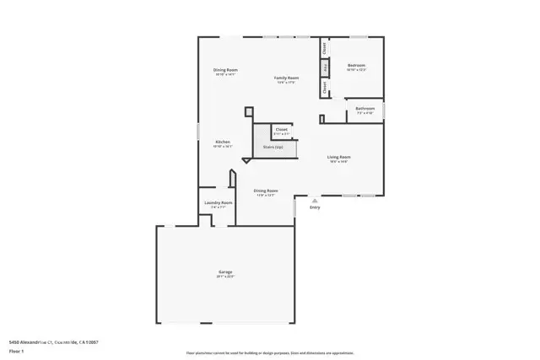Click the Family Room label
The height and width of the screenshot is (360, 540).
click(x=287, y=78)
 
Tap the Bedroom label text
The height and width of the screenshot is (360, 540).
click(x=356, y=65)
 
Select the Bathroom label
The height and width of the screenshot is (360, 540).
click(x=364, y=108)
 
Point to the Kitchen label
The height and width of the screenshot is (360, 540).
click(x=223, y=142)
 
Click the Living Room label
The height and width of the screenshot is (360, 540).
click(x=339, y=157)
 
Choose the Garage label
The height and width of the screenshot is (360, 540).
click(x=225, y=271)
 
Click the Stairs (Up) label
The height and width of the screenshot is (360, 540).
click(x=273, y=146)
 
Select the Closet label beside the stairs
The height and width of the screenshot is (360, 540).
click(x=281, y=129)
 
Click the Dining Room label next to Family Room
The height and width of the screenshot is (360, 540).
click(x=225, y=69)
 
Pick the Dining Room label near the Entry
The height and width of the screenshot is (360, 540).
click(x=266, y=191)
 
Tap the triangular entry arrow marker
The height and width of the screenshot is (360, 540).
click(x=315, y=201)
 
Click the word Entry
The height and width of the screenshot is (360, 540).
click(x=315, y=207)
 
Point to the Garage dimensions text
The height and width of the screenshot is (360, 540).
click(x=225, y=277)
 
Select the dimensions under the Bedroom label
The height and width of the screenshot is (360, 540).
click(x=356, y=70)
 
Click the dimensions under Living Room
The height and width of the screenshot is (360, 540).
click(x=339, y=162)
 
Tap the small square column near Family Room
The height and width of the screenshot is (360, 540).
click(x=249, y=110)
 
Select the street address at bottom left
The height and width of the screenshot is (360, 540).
click(x=53, y=342)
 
